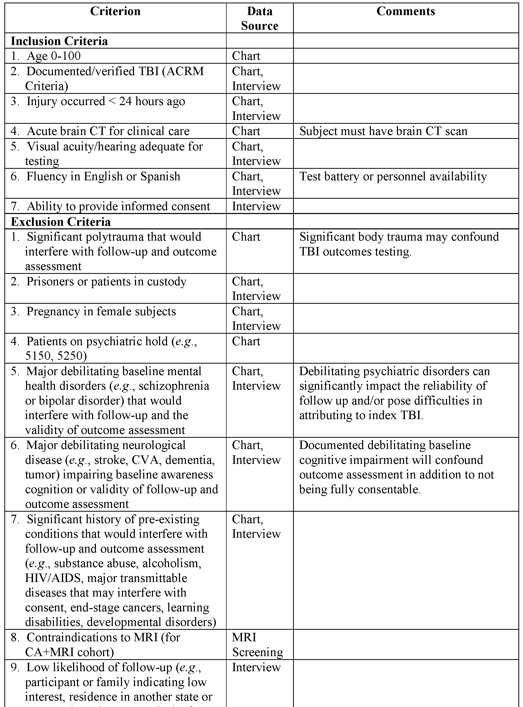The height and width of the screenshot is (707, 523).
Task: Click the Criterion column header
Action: tap(115, 12)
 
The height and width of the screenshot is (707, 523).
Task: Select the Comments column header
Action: tap(406, 12)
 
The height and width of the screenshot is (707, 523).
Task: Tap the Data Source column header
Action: tap(260, 19)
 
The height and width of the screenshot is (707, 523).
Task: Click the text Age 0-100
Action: tap(53, 56)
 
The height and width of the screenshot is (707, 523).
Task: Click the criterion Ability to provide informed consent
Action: tap(118, 206)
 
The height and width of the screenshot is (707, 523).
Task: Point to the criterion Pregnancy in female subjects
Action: tap(101, 312)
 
